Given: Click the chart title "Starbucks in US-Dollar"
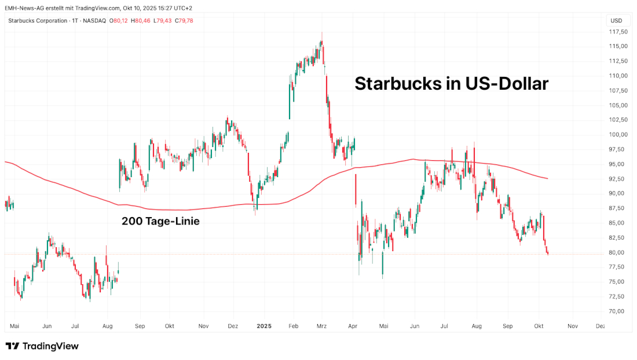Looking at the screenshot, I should pyautogui.click(x=451, y=83).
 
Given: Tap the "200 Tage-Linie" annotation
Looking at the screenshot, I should pyautogui.click(x=160, y=221).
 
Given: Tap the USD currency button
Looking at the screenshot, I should pyautogui.click(x=616, y=21).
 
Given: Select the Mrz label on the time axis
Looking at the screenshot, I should pyautogui.click(x=321, y=326).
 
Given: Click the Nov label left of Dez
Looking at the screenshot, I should pyautogui.click(x=203, y=326).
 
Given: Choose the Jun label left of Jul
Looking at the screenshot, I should pyautogui.click(x=47, y=326).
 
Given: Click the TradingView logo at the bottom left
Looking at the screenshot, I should pyautogui.click(x=42, y=346).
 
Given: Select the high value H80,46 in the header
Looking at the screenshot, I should pyautogui.click(x=140, y=21).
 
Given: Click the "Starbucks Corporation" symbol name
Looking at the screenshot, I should pyautogui.click(x=38, y=21).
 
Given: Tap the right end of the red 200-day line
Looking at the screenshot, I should pyautogui.click(x=547, y=178).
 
